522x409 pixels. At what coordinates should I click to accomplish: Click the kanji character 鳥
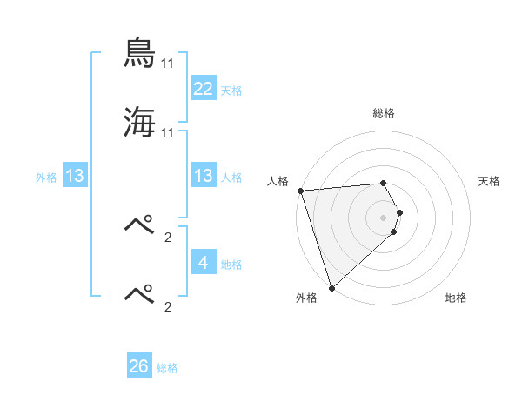tap(140, 54)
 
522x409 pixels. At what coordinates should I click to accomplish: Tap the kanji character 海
tap(140, 122)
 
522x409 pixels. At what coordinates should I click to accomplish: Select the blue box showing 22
tap(204, 88)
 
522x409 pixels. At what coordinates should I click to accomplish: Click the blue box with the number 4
tap(204, 262)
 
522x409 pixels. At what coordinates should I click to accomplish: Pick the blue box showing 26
tap(139, 366)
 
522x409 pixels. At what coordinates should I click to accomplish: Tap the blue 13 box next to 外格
tap(75, 176)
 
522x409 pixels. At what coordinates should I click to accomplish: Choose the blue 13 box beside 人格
tap(204, 176)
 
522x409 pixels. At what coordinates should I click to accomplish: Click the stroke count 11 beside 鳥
tap(168, 64)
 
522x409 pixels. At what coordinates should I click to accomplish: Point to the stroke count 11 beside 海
tap(168, 132)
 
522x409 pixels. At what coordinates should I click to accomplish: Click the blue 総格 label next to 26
tap(167, 368)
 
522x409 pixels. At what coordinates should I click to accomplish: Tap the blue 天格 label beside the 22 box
tap(231, 90)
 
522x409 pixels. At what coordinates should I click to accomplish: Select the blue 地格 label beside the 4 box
tap(231, 264)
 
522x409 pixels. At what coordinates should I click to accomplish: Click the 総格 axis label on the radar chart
tap(384, 113)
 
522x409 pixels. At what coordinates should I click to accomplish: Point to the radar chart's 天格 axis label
tap(490, 181)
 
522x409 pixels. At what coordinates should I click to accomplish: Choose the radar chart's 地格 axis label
tap(456, 298)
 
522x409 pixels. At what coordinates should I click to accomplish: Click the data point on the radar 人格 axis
tap(300, 191)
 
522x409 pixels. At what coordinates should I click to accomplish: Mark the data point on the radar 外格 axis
tap(331, 287)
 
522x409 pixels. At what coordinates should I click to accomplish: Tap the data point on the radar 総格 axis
tap(384, 183)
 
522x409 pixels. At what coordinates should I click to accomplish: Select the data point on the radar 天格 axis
tap(400, 212)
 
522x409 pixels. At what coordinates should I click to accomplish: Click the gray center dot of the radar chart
tap(384, 218)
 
